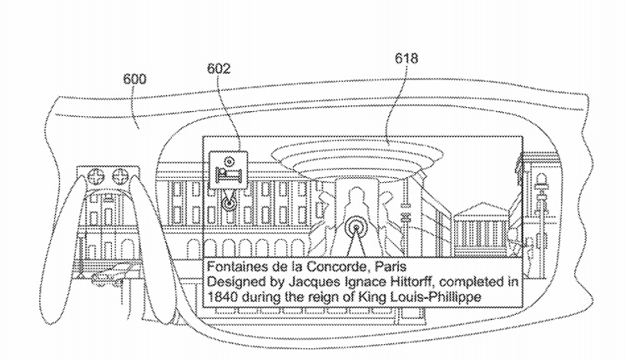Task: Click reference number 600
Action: (137, 80)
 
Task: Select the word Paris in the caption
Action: (391, 266)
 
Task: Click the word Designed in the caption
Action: (235, 281)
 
